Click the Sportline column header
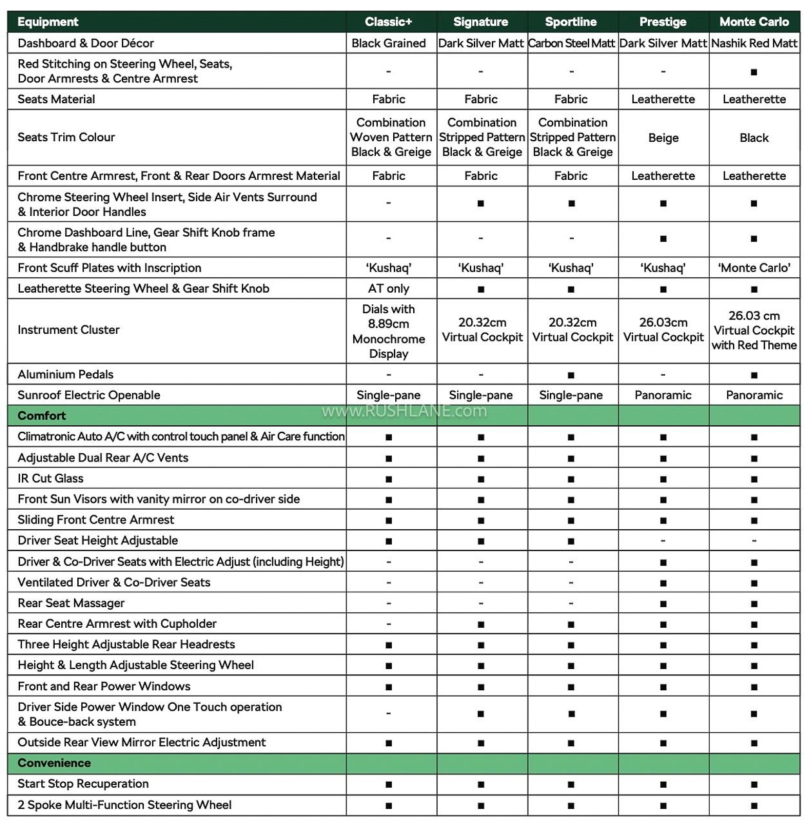[x=570, y=22]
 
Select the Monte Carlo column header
[x=754, y=22]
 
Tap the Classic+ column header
[x=388, y=22]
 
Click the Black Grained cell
[x=388, y=43]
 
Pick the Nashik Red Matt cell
[x=754, y=43]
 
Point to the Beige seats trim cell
[x=663, y=137]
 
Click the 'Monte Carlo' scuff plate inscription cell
[x=754, y=268]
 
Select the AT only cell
[x=388, y=289]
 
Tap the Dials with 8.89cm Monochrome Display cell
[x=388, y=331]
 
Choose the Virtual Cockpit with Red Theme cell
[x=754, y=331]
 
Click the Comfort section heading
[x=42, y=416]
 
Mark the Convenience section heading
[x=54, y=763]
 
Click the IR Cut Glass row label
[x=50, y=478]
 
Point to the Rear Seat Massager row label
[x=71, y=603]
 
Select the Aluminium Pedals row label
[x=65, y=374]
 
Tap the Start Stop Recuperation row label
[x=83, y=784]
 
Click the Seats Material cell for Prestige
[x=663, y=99]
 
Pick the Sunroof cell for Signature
[x=481, y=395]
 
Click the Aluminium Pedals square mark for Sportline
[x=571, y=375]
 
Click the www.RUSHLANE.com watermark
[x=404, y=411]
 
